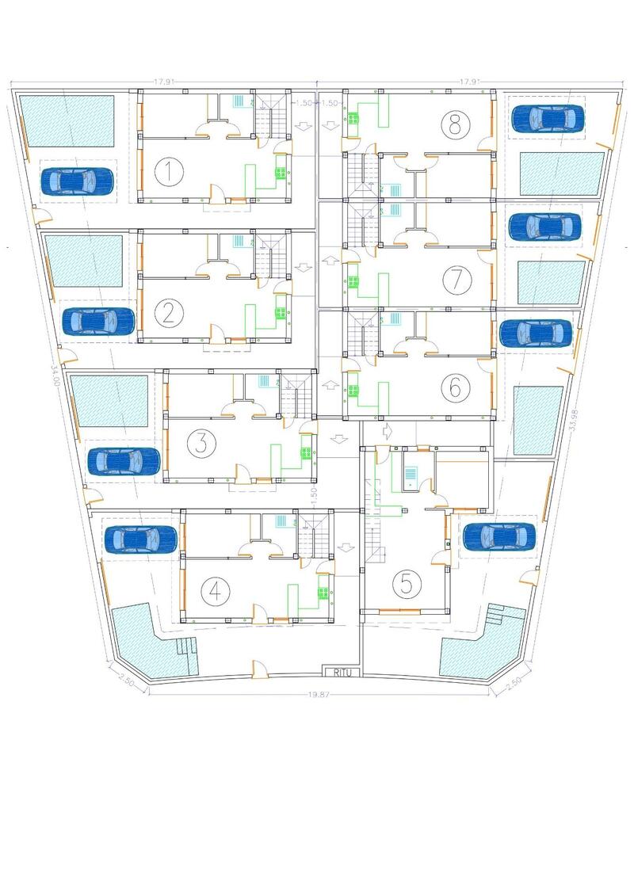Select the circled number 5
(407, 584)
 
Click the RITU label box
(342, 673)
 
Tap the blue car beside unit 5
(498, 536)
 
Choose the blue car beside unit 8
(547, 119)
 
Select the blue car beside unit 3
(123, 461)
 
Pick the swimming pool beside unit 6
(538, 421)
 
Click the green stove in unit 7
(353, 280)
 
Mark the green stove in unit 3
(304, 453)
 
